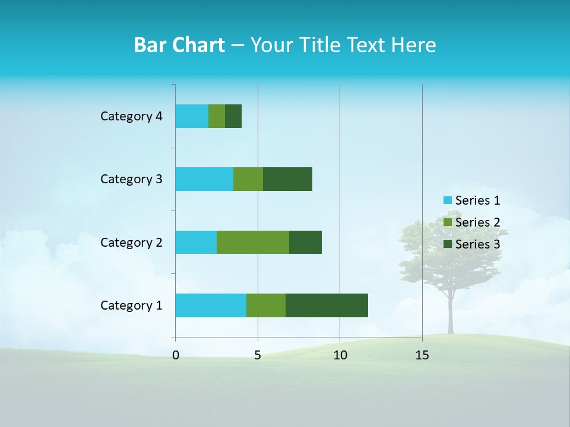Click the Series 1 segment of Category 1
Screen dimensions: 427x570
[211, 305]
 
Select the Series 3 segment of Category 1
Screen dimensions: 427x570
[327, 305]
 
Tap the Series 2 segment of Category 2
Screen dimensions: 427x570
[253, 242]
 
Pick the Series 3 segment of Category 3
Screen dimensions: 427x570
[287, 179]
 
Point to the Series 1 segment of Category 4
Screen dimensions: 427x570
[192, 116]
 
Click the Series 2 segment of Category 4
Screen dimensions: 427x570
[217, 116]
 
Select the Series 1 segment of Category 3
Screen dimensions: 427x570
[204, 179]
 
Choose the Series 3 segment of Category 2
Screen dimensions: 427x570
[305, 242]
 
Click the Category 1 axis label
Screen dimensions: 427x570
[131, 305]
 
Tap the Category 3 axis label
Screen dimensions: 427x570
[131, 179]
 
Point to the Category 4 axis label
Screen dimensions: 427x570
[131, 116]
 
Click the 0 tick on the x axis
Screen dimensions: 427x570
[176, 356]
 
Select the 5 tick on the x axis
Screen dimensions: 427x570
[258, 356]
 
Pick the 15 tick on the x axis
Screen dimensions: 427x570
[422, 356]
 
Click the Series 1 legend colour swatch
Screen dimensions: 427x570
[447, 200]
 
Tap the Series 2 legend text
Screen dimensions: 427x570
[477, 222]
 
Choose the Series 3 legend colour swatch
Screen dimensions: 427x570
[447, 244]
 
